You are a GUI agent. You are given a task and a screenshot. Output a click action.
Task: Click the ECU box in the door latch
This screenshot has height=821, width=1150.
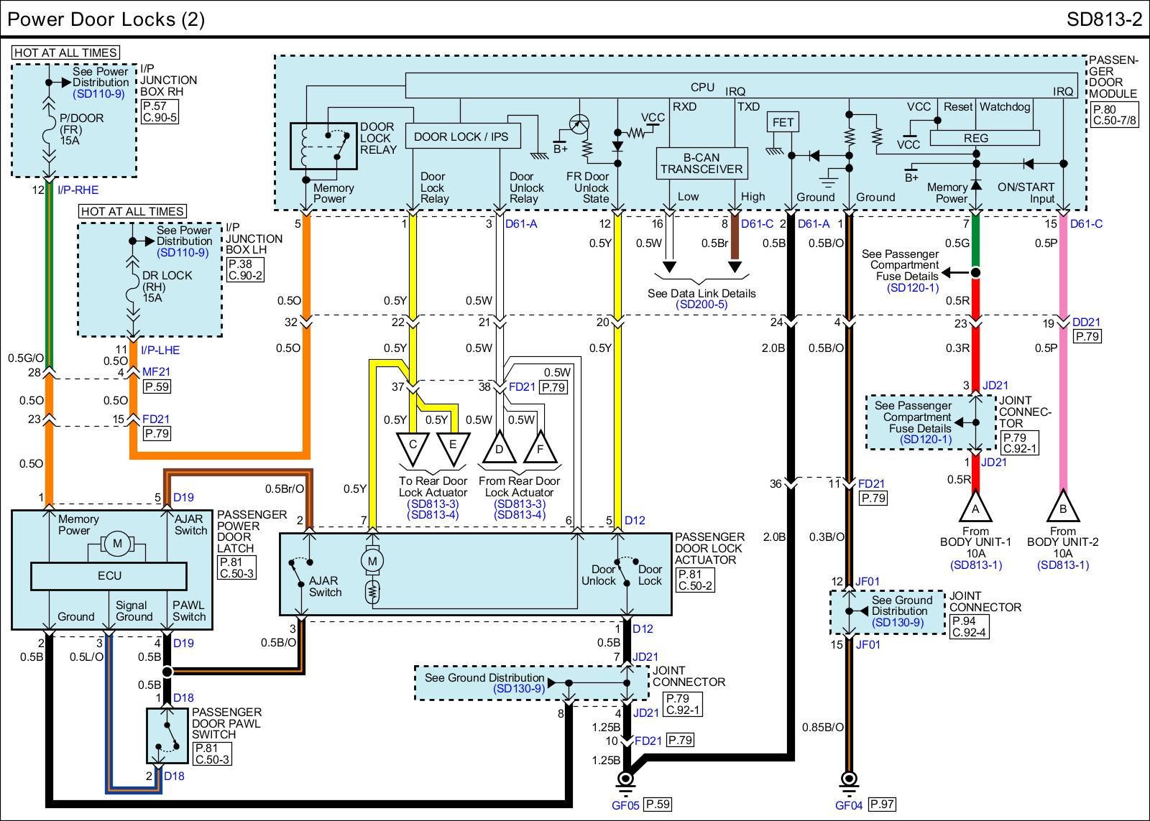click(x=109, y=576)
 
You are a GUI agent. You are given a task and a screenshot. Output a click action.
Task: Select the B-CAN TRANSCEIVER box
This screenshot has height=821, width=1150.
click(x=701, y=164)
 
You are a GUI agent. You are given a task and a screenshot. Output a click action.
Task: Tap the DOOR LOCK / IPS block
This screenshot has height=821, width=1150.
click(x=463, y=136)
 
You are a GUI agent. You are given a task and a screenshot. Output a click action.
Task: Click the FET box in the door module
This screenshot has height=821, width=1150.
click(x=783, y=122)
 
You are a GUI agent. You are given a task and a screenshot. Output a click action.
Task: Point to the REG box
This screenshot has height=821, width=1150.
click(x=985, y=138)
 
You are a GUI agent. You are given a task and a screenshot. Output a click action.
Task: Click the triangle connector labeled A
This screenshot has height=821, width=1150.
click(x=975, y=506)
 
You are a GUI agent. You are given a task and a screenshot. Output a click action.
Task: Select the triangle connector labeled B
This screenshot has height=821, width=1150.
click(x=1063, y=506)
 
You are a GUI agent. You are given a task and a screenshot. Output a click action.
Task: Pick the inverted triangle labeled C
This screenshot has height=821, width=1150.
click(x=413, y=448)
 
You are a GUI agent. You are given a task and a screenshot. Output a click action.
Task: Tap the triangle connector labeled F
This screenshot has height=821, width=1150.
click(x=540, y=447)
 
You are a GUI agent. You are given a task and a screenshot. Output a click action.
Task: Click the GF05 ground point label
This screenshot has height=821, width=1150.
click(x=625, y=805)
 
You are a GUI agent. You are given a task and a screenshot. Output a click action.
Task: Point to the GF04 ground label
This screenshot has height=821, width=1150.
click(x=849, y=805)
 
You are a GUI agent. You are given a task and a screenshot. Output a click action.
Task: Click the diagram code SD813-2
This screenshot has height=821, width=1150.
click(x=1104, y=19)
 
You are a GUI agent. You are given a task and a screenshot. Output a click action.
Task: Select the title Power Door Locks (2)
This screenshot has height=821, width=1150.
click(x=106, y=19)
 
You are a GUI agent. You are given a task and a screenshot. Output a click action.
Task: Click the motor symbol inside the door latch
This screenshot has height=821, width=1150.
click(x=118, y=544)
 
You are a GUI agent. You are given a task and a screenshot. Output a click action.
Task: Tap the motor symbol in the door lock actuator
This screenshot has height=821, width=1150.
click(x=372, y=561)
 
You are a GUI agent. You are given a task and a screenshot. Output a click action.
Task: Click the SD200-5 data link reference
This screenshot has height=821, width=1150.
click(x=701, y=305)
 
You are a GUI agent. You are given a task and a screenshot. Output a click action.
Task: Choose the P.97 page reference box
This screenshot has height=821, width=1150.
click(x=882, y=804)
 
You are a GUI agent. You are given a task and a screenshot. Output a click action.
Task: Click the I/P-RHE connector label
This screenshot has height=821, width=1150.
click(x=78, y=190)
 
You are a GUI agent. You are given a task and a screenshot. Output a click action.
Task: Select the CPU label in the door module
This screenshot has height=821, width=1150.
click(x=702, y=87)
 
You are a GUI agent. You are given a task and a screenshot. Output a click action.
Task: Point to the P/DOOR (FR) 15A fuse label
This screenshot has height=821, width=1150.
click(x=81, y=129)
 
